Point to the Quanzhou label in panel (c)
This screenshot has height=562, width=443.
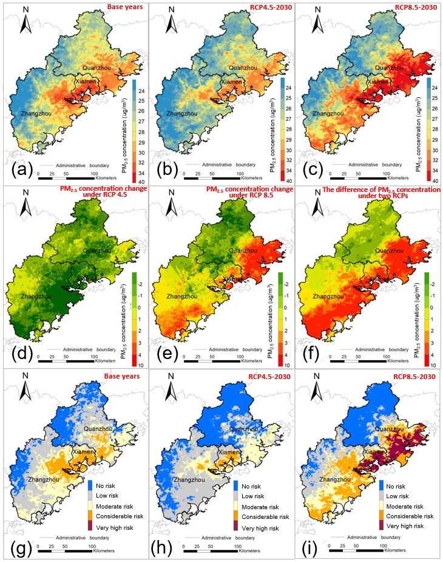click(389, 67)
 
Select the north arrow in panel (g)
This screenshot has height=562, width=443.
click(25, 395)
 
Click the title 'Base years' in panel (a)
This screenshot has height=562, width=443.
click(124, 7)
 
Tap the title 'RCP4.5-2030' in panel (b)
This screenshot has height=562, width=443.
click(268, 7)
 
